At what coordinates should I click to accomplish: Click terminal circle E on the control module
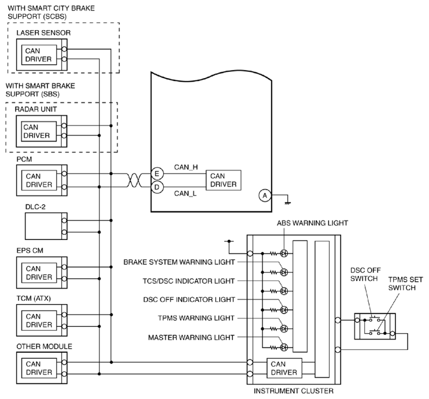coord(157,173)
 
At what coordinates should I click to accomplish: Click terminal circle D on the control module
coord(157,187)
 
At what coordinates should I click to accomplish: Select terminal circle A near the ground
coord(265,195)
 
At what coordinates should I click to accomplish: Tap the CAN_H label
coord(186,167)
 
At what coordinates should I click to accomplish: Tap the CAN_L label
coord(185,194)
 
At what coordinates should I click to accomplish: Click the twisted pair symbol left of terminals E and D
coord(134,180)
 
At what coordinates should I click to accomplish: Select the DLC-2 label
coord(35,207)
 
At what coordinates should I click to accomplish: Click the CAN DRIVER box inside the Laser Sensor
coord(39,55)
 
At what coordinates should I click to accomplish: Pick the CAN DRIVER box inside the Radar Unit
coord(39,131)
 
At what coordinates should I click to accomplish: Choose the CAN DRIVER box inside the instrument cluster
coord(284,368)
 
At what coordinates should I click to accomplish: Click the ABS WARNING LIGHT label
coord(312,223)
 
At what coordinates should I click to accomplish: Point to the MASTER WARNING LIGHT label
coord(191,338)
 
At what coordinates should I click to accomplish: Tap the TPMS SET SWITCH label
coord(405,284)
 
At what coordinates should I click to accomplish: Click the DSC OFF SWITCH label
coord(365,275)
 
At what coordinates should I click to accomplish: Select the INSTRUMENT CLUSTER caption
coord(294,391)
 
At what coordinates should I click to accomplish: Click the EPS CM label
coord(30,250)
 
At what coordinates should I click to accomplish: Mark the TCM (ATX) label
coord(34,298)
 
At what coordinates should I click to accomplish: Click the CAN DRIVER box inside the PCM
coord(39,180)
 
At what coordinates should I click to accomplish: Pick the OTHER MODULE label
coord(45,346)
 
